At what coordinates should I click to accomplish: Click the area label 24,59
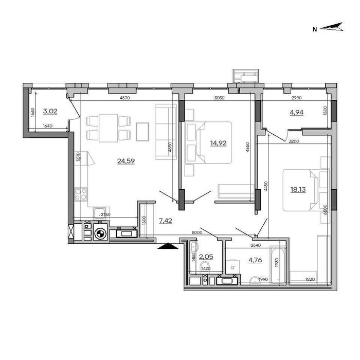123,161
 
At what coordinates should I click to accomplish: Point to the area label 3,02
50,111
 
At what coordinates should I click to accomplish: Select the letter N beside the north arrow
314,29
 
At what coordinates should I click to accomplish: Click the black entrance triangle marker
167,247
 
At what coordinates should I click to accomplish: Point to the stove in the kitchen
81,194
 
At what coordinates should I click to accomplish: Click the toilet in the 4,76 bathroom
255,279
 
